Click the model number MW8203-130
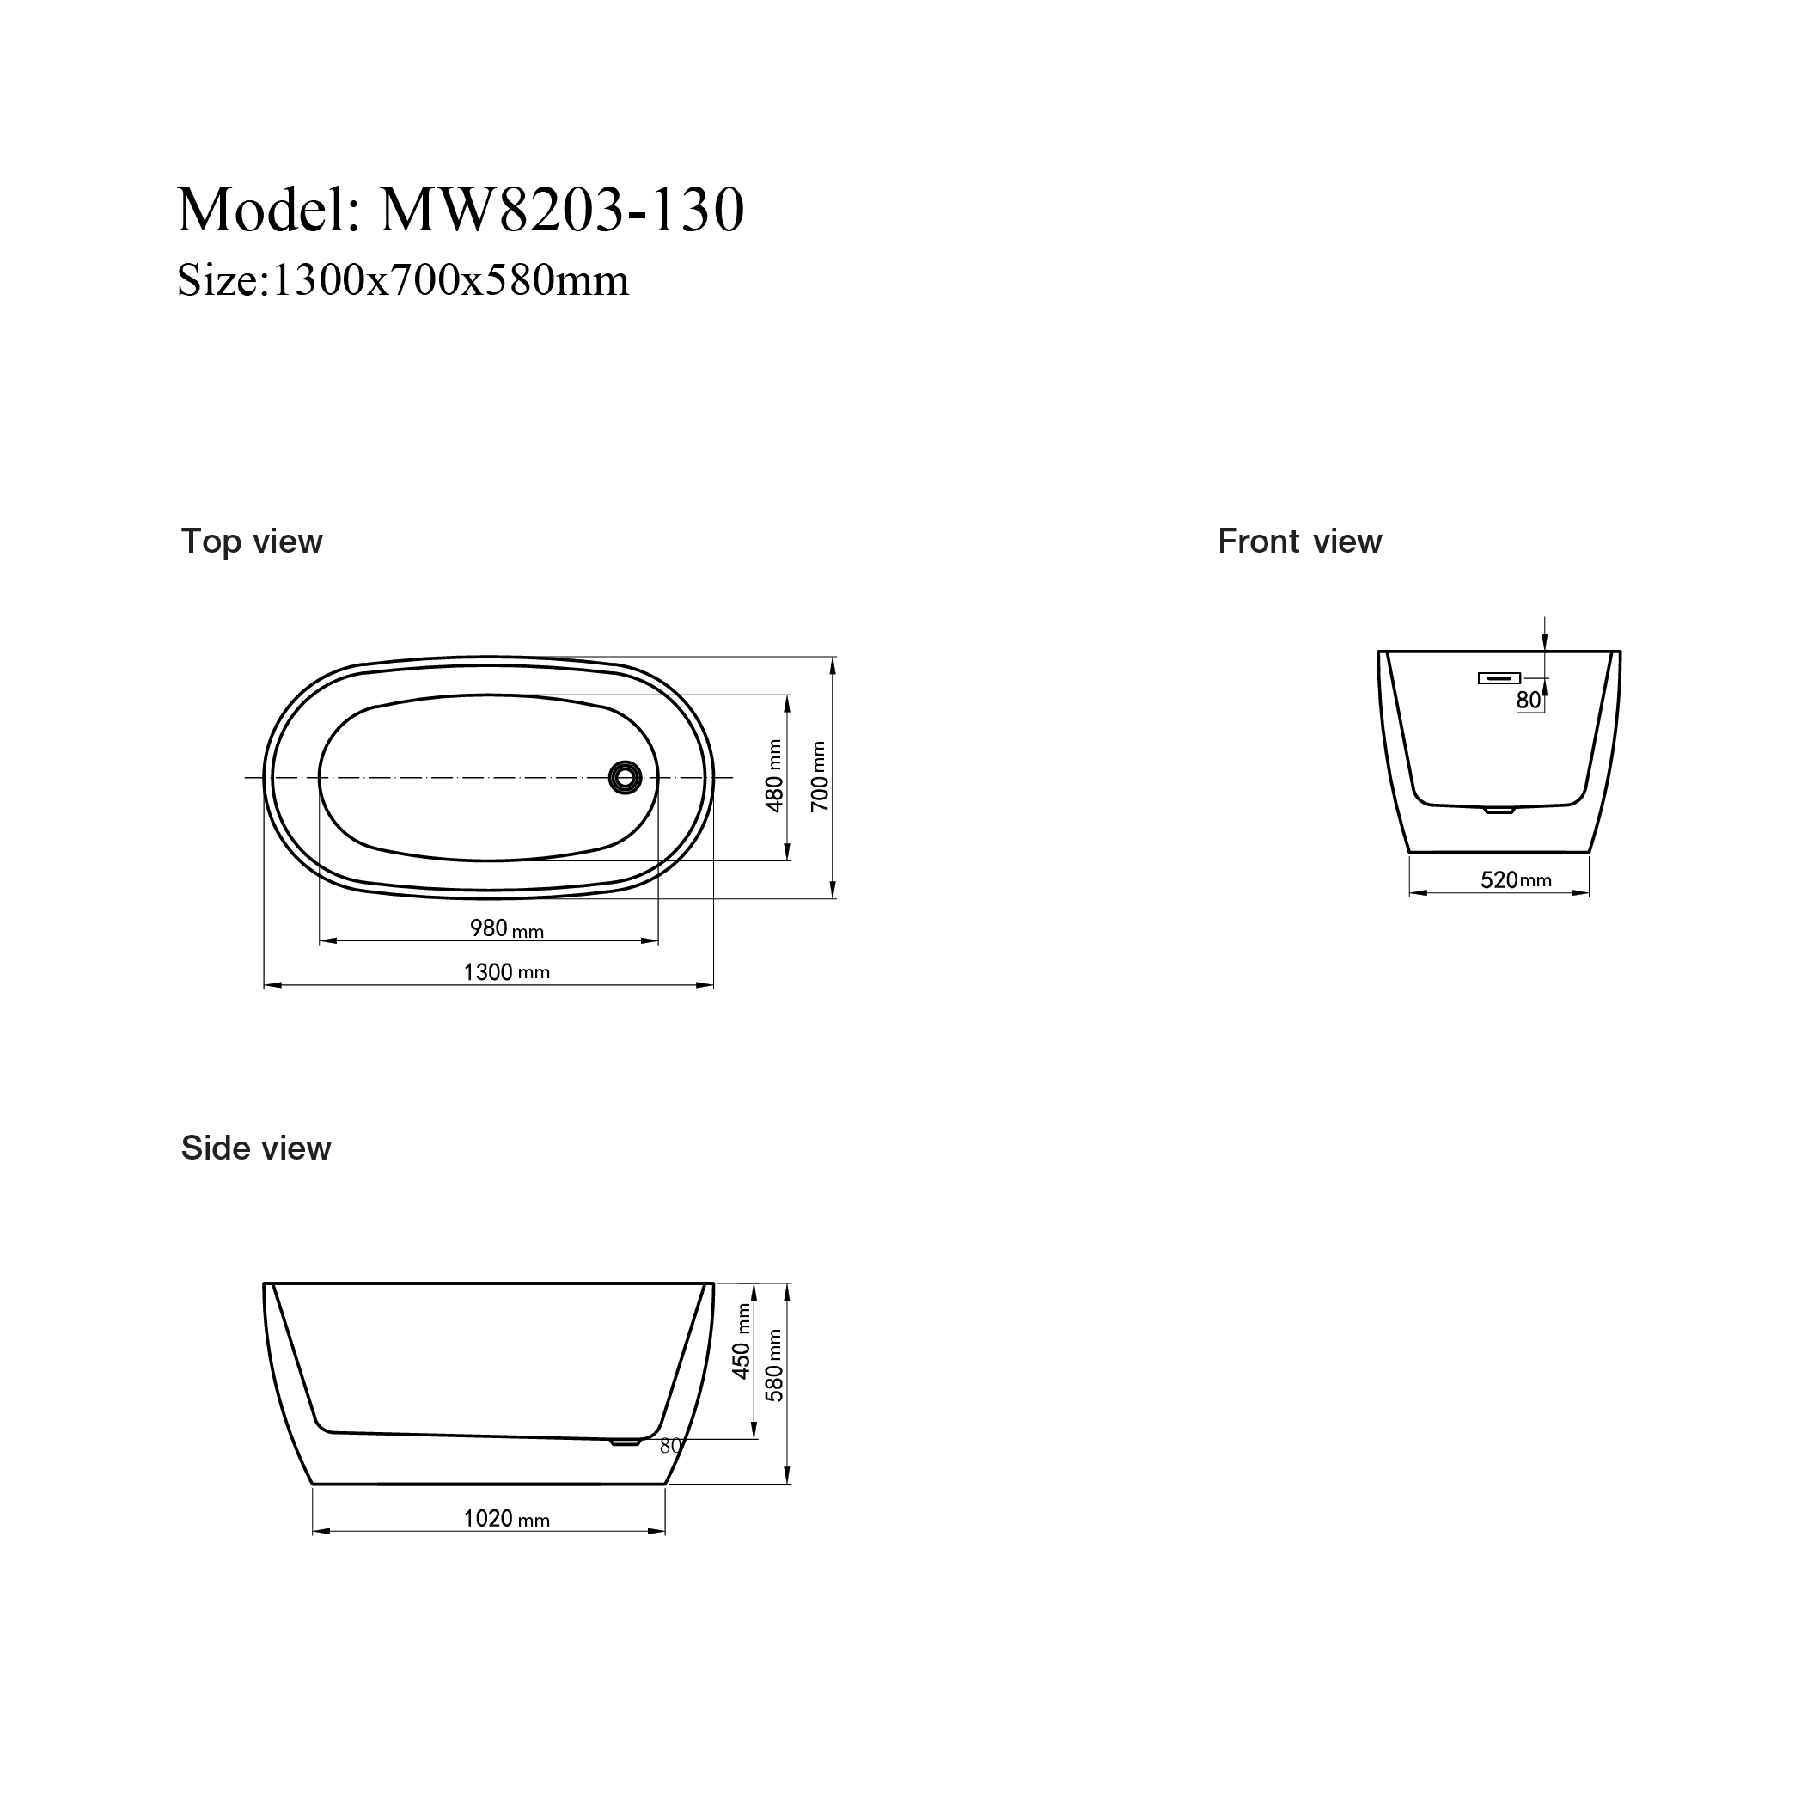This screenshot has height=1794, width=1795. click(562, 210)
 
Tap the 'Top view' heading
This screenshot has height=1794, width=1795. click(252, 541)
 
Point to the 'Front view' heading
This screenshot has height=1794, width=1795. click(1299, 541)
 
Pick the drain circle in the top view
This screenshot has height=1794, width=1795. click(626, 777)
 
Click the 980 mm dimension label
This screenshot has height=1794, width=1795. click(506, 928)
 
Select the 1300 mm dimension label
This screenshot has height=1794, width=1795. click(506, 972)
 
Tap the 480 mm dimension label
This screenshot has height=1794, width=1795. click(774, 776)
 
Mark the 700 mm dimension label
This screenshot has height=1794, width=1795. click(820, 776)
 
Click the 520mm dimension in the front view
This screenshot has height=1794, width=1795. click(1516, 879)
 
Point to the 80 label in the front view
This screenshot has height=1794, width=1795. click(1529, 701)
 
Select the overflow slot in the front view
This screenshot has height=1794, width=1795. click(1499, 677)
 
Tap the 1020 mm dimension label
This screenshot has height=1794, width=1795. click(506, 1519)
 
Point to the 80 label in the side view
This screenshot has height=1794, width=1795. click(671, 1447)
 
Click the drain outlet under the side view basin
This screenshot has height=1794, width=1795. click(626, 1442)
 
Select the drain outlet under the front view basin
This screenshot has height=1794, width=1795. click(1499, 811)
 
